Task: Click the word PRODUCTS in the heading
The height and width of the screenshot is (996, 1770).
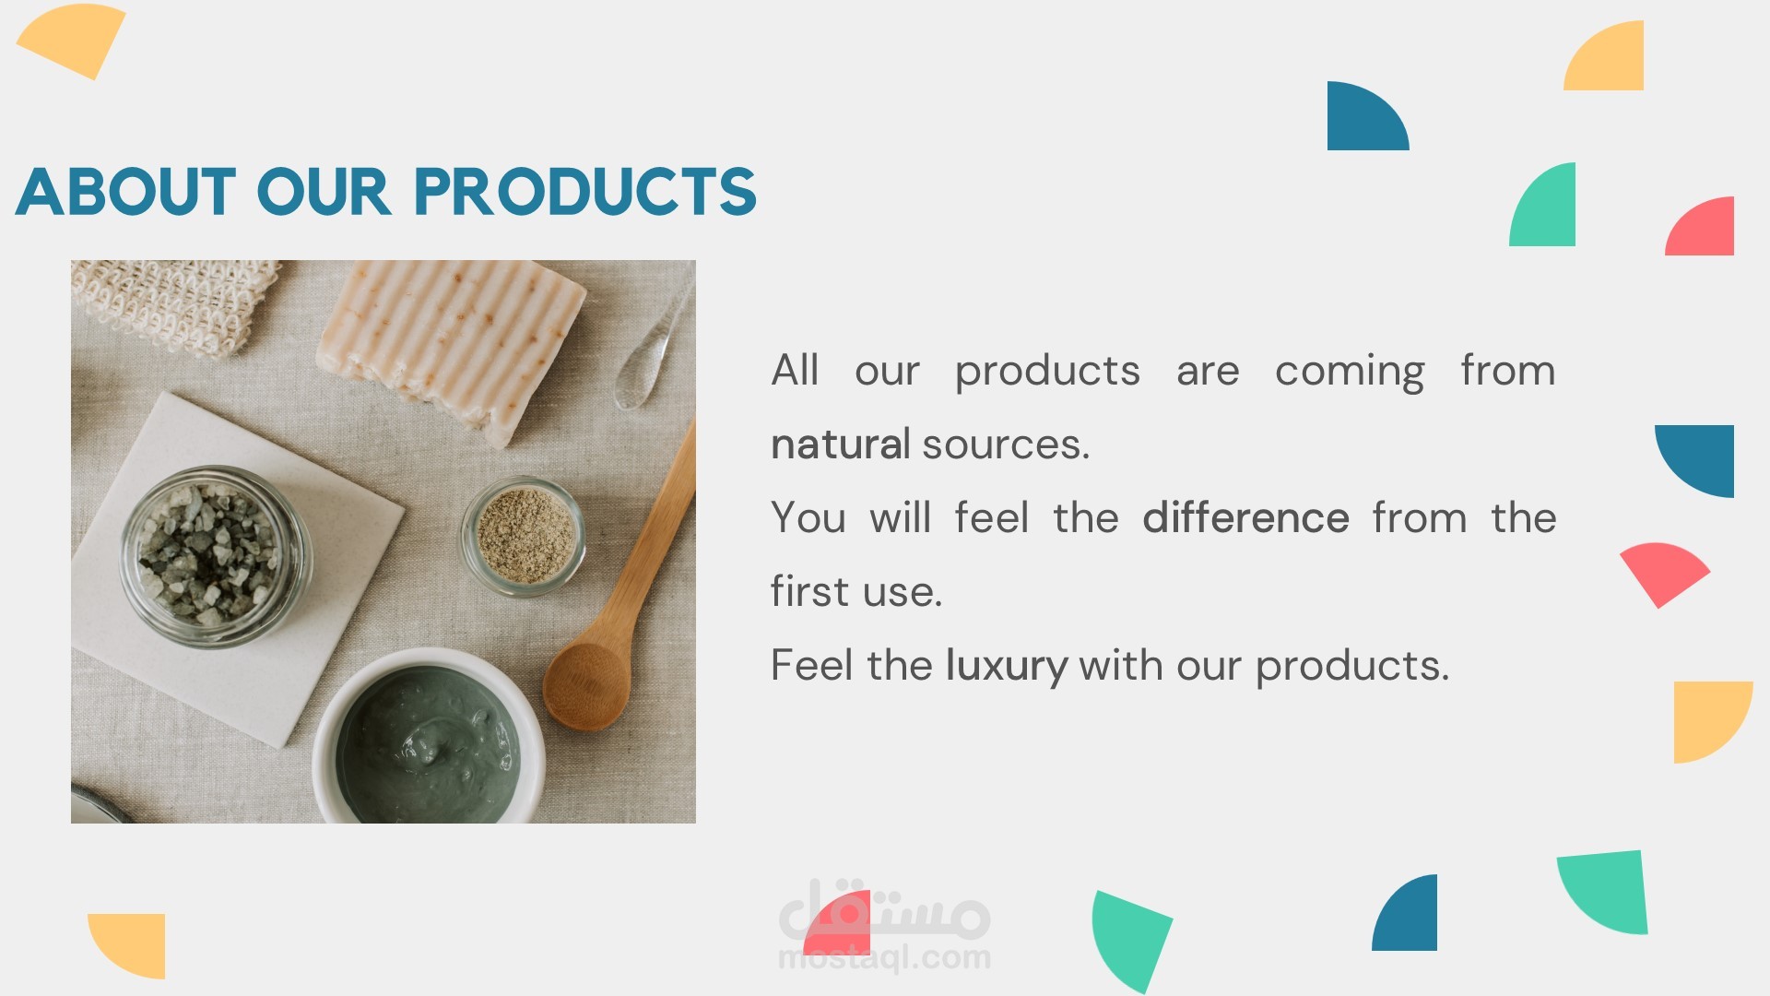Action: pos(585,192)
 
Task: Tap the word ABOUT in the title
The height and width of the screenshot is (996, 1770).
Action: pos(125,192)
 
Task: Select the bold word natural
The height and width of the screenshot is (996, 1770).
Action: pos(840,445)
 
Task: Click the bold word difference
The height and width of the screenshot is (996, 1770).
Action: pos(1245,517)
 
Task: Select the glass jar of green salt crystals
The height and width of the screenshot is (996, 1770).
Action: pos(216,555)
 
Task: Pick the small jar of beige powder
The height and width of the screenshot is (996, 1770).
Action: pos(524,536)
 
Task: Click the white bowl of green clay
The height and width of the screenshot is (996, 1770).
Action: pos(428,738)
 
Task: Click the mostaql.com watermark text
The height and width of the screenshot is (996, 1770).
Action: pos(884,957)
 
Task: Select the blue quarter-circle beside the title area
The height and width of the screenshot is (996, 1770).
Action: pos(1367,116)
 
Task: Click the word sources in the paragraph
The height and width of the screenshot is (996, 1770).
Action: pos(1006,445)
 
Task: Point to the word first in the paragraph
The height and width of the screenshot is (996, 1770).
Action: pos(809,591)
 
